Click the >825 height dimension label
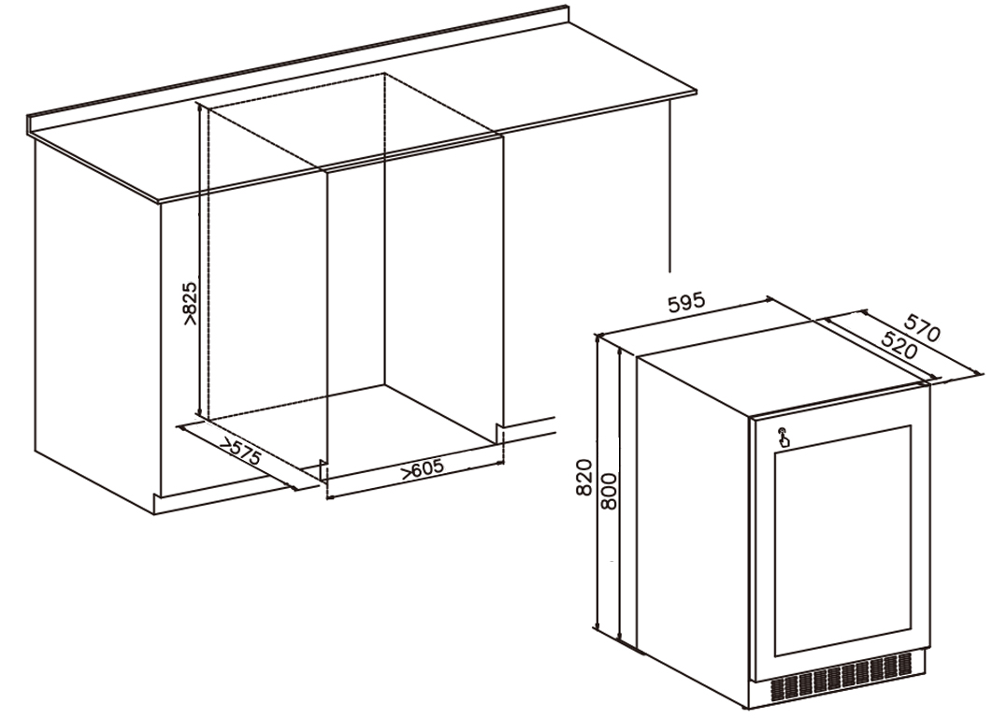coord(191,303)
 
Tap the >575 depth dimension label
coord(241,451)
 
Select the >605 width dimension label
coord(423,468)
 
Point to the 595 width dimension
coord(686,303)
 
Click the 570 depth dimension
coord(922,327)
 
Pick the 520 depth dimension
coord(899,346)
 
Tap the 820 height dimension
coord(583,477)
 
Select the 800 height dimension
coord(608,491)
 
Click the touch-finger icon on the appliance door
coord(784,438)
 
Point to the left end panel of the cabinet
coord(96,321)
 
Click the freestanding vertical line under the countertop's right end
coord(669,185)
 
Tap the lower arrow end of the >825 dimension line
coord(200,415)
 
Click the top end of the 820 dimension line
coord(598,336)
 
